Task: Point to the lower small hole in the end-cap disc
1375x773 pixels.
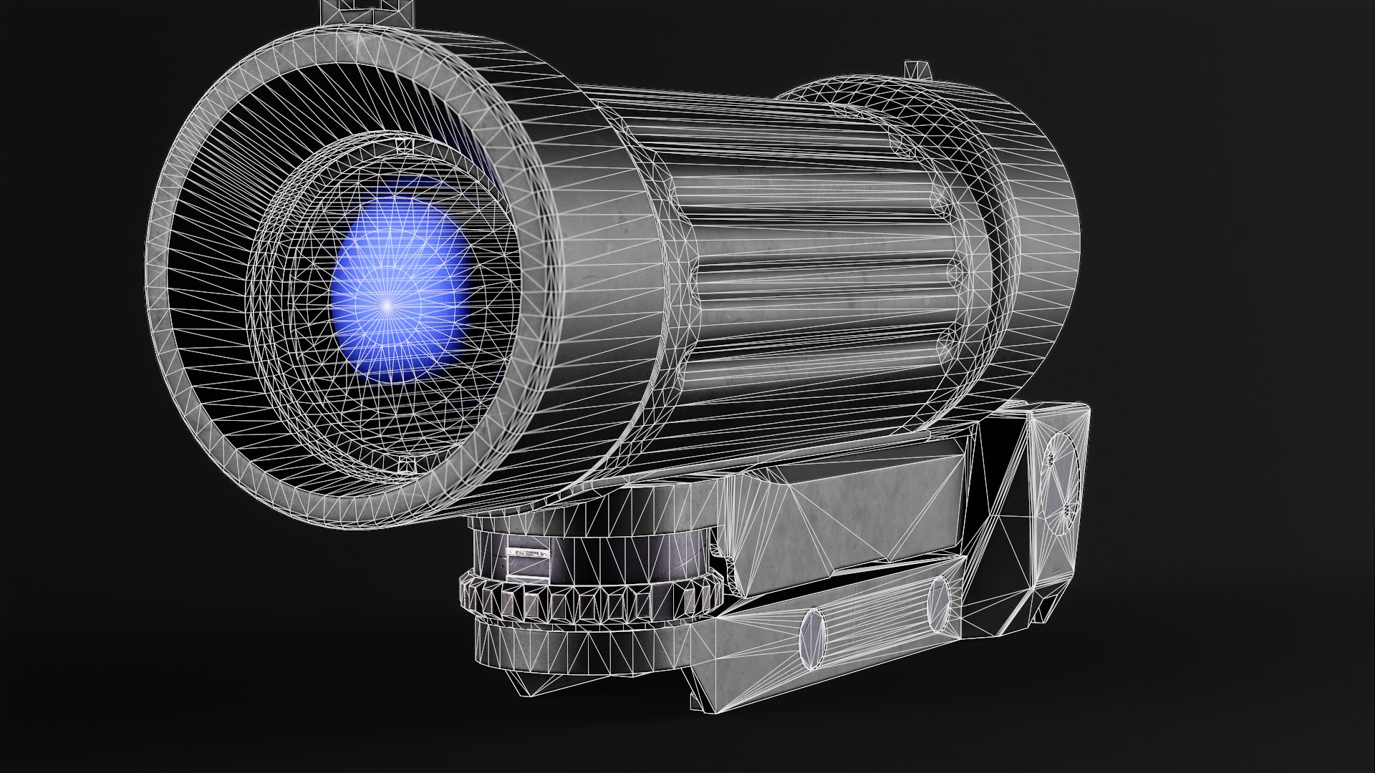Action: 1066,510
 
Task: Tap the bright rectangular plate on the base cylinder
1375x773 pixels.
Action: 527,554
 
